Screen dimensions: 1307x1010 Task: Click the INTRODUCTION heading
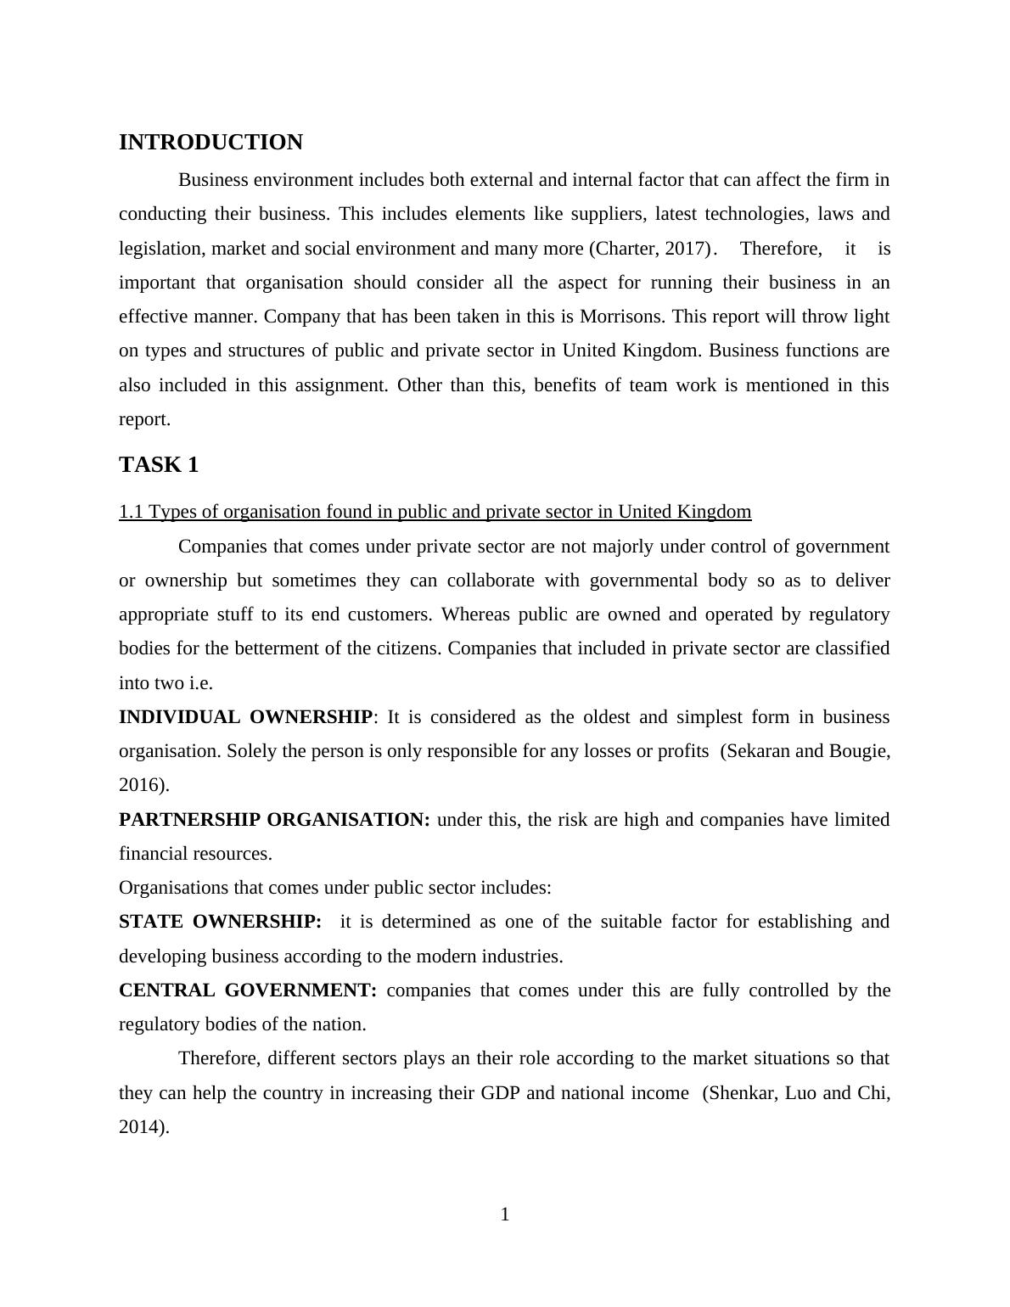pyautogui.click(x=210, y=143)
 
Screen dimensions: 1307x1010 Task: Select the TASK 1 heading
pyautogui.click(x=159, y=465)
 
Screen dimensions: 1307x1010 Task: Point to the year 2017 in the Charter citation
pyautogui.click(x=686, y=249)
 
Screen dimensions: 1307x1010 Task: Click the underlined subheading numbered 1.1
pyautogui.click(x=435, y=512)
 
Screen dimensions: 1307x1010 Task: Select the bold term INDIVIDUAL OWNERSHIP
pyautogui.click(x=245, y=717)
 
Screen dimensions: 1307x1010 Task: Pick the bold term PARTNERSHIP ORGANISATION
pyautogui.click(x=274, y=820)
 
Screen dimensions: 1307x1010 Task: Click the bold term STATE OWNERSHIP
pyautogui.click(x=220, y=922)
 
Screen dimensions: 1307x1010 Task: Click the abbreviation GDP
pyautogui.click(x=501, y=1093)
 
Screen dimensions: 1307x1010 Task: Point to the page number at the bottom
pyautogui.click(x=505, y=1214)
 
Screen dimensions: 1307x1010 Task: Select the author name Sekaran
pyautogui.click(x=757, y=751)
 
